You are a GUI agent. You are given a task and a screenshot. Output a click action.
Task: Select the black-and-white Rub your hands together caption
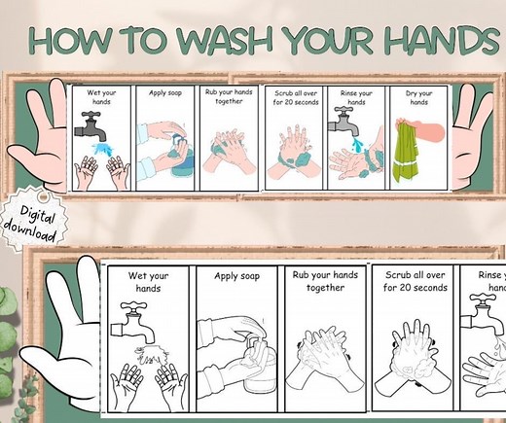point(325,281)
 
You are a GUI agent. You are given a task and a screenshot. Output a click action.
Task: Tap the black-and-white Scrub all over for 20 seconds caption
point(415,281)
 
